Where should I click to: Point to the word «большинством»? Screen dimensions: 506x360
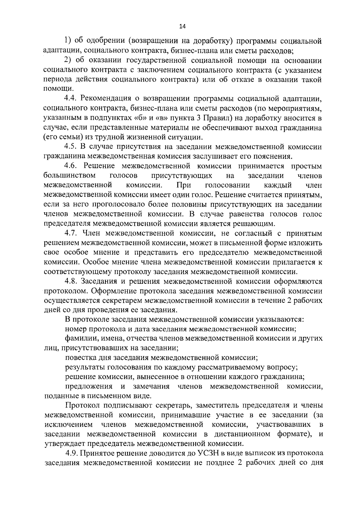point(70,176)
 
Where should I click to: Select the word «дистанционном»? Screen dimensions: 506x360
point(242,434)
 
